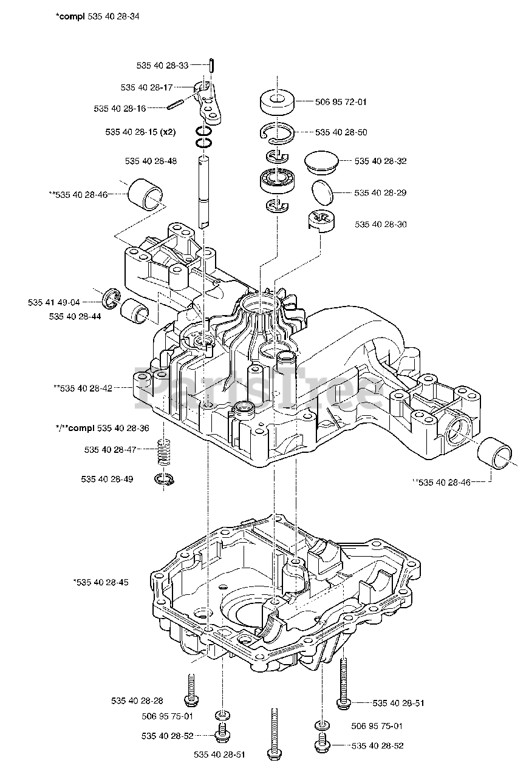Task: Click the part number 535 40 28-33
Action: (x=162, y=65)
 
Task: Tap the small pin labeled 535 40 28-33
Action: (x=211, y=65)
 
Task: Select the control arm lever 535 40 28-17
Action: (x=208, y=103)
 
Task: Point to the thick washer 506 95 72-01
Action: (x=277, y=102)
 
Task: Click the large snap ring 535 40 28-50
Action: (x=277, y=132)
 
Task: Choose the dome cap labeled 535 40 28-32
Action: (x=322, y=161)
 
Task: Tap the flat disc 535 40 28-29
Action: (x=323, y=192)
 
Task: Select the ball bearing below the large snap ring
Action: (x=277, y=180)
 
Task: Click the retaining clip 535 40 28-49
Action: (x=164, y=480)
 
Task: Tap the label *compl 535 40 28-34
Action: (x=98, y=16)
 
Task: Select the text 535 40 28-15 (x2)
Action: (x=140, y=132)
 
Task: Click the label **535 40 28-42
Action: (x=83, y=388)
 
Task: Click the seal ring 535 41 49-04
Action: (x=111, y=297)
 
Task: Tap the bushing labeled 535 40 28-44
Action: (x=135, y=310)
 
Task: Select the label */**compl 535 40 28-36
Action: (x=103, y=428)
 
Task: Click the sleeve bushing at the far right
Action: (x=494, y=453)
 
